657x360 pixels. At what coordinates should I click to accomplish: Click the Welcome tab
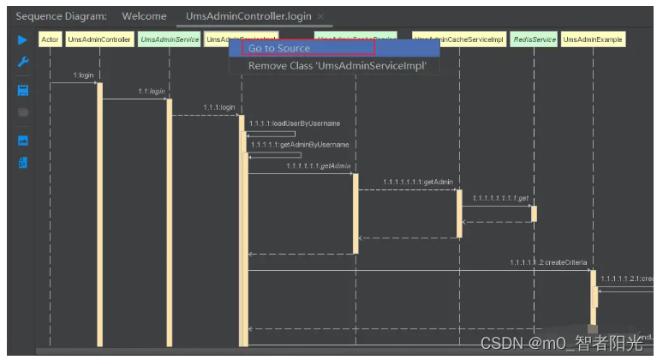pyautogui.click(x=144, y=16)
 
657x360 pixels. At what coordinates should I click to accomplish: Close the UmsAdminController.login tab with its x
pyautogui.click(x=320, y=17)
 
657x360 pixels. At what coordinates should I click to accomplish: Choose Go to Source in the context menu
pyautogui.click(x=278, y=48)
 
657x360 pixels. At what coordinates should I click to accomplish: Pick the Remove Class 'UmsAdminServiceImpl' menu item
pyautogui.click(x=337, y=66)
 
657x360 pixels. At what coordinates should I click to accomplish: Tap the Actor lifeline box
pyautogui.click(x=50, y=39)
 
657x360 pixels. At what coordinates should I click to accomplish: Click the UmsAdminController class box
pyautogui.click(x=99, y=39)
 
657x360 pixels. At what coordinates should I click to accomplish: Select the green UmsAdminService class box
pyautogui.click(x=169, y=39)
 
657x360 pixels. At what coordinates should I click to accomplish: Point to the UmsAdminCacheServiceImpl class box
pyautogui.click(x=458, y=39)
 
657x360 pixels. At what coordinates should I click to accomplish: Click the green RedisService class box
pyautogui.click(x=534, y=39)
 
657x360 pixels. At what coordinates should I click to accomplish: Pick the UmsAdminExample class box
pyautogui.click(x=593, y=39)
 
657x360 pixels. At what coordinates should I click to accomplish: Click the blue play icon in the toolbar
pyautogui.click(x=23, y=39)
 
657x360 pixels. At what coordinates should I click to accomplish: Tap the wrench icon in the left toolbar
pyautogui.click(x=23, y=63)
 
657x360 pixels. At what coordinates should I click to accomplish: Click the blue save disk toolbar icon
pyautogui.click(x=23, y=90)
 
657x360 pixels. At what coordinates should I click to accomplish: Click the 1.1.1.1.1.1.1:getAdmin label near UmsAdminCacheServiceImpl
pyautogui.click(x=417, y=182)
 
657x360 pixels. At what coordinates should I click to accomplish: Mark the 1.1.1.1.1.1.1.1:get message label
pyautogui.click(x=501, y=198)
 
